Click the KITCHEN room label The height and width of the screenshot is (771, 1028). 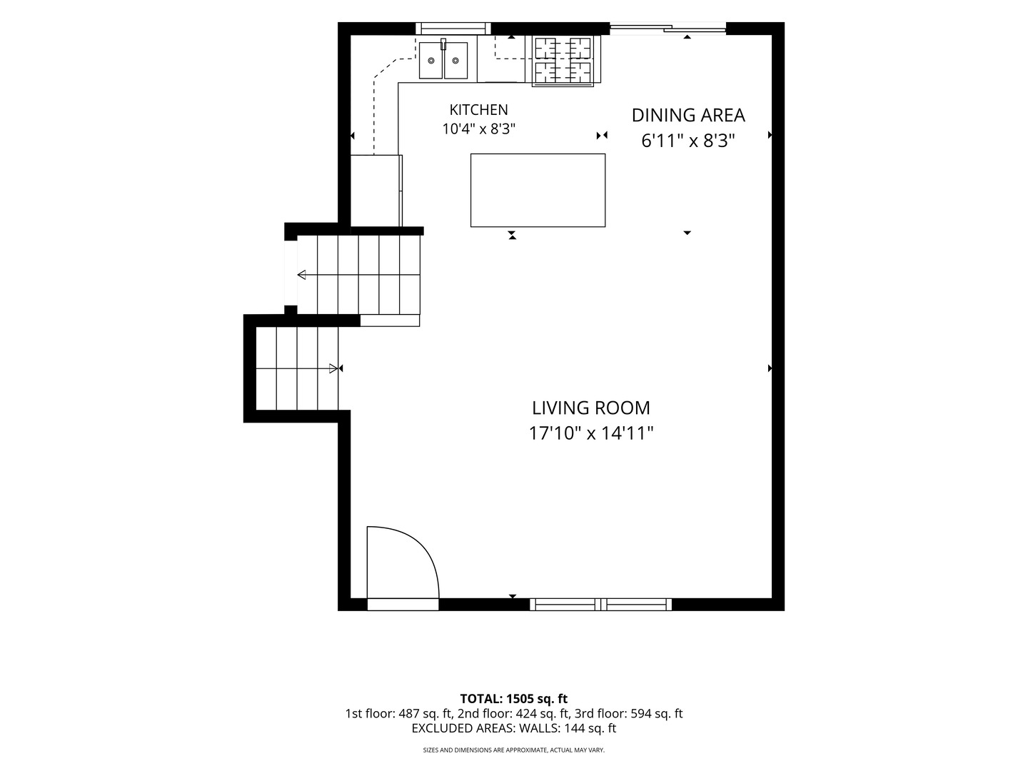478,109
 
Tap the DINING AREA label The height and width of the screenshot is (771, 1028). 688,115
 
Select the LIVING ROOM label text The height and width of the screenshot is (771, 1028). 591,408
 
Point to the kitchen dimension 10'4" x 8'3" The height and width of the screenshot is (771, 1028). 478,128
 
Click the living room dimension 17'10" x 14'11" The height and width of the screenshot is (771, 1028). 591,433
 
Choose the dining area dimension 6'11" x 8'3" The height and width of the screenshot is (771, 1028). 688,141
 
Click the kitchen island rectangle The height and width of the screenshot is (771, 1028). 538,190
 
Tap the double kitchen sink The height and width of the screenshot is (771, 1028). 443,61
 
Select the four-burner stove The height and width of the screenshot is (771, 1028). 563,61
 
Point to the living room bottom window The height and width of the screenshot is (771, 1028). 600,605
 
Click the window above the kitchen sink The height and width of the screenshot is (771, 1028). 453,28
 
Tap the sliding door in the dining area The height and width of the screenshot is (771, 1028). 668,29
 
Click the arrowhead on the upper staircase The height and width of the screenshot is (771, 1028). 301,275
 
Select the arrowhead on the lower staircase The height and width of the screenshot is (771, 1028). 333,368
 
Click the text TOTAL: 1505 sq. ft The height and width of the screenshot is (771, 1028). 514,699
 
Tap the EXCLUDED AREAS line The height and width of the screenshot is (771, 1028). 514,728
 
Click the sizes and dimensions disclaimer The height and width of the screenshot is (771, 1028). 514,750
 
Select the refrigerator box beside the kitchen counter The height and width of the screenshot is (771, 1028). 376,191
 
